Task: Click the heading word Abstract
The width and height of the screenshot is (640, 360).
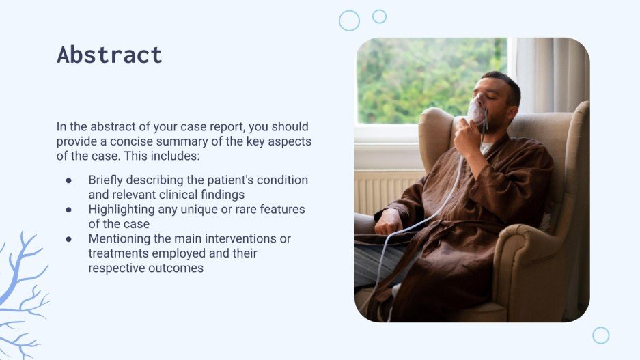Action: (x=109, y=55)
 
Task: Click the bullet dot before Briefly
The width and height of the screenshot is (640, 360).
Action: (x=69, y=181)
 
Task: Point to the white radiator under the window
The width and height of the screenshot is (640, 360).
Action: (x=386, y=191)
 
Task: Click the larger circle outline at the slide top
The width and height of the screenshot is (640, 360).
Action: (x=349, y=20)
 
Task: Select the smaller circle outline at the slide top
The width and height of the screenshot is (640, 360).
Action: (x=379, y=16)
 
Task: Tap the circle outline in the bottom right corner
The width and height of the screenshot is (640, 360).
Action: (x=600, y=335)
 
